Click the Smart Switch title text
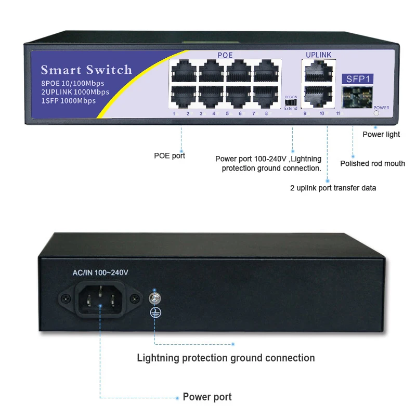point(86,70)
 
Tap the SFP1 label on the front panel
point(357,80)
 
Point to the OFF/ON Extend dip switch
point(291,102)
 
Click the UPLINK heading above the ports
point(318,55)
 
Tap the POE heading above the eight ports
point(225,55)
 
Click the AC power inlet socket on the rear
point(101,298)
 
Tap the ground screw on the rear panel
point(153,298)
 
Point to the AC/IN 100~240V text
point(99,272)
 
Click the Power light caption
point(381,134)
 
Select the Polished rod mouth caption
point(372,163)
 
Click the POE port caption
point(170,155)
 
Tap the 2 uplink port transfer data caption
point(333,188)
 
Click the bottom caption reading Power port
point(207,397)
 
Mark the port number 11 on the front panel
point(337,113)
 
